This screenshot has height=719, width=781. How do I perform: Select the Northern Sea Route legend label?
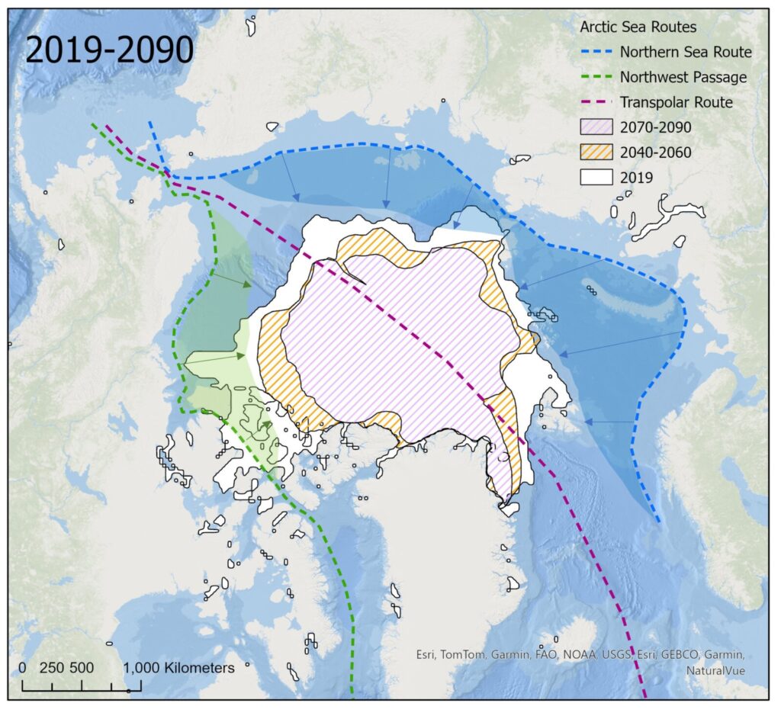[686, 52]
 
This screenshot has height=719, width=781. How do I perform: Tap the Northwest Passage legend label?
[683, 77]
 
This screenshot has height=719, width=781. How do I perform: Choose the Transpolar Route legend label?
[676, 102]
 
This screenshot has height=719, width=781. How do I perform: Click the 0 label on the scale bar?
[23, 668]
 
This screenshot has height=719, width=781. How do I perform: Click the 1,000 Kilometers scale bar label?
[178, 668]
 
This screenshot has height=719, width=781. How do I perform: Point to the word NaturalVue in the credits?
[715, 670]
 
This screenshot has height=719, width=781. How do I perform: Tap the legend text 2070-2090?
[655, 127]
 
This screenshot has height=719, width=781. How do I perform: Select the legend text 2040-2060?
[655, 152]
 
